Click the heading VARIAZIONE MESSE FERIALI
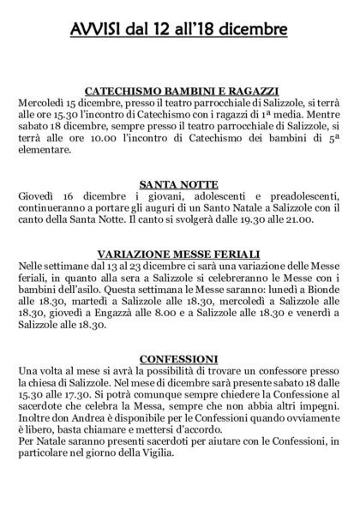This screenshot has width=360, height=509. (180, 255)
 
